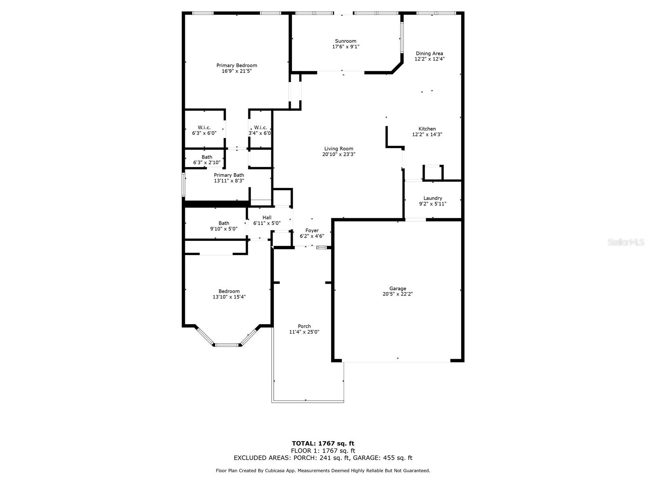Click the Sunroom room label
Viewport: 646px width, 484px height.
coord(346,41)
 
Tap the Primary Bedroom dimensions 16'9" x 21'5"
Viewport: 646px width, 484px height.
coord(237,71)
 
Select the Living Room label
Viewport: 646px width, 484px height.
coord(339,149)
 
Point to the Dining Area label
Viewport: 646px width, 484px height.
coord(430,54)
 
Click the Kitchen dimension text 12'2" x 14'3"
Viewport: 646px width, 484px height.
coord(427,135)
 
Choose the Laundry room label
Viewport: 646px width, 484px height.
coord(433,198)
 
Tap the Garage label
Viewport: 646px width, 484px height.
coord(398,288)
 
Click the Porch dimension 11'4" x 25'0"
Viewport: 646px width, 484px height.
coord(304,332)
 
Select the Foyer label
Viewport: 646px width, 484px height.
coord(312,231)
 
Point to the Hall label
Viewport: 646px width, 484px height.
coord(267,217)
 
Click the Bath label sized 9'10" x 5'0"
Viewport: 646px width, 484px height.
coord(224,223)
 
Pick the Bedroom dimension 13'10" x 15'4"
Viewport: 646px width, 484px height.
coord(229,297)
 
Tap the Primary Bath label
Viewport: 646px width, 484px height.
coord(229,175)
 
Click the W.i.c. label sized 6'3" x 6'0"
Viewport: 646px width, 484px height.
coord(204,127)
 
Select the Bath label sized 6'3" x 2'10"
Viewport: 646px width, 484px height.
coord(207,157)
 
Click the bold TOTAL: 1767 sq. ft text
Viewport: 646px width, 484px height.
coord(323,443)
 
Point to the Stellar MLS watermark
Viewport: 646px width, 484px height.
coord(626,242)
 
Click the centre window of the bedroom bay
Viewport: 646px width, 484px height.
coord(227,345)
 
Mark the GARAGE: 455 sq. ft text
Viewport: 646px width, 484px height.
coord(383,458)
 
